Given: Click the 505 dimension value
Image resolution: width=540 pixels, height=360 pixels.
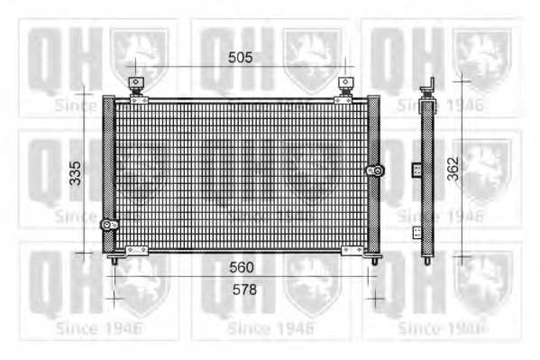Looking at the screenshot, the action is click(240, 58).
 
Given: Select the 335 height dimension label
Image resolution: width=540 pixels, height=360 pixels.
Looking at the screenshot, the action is click(75, 173).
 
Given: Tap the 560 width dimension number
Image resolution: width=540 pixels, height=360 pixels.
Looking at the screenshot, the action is click(242, 267).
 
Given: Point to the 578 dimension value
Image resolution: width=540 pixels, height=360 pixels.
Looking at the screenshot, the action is click(244, 290).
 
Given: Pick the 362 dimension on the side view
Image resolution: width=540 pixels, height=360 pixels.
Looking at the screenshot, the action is click(453, 169).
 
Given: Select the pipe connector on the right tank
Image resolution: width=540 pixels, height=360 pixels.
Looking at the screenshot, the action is click(375, 171).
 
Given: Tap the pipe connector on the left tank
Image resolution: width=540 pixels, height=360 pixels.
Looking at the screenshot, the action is click(109, 225).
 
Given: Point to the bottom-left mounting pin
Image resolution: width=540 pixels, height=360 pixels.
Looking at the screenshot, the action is click(114, 261).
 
